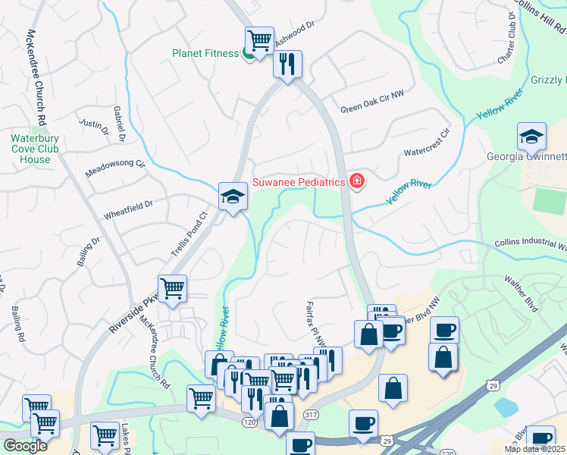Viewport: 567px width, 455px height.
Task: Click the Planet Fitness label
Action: click(205, 53)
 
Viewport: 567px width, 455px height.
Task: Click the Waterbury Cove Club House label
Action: click(30, 149)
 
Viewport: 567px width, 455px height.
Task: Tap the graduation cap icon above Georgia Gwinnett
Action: click(531, 136)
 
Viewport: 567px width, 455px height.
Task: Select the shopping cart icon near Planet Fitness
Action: click(259, 39)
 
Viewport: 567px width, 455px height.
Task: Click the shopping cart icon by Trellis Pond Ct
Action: click(173, 288)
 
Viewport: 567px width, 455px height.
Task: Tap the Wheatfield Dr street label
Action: click(128, 209)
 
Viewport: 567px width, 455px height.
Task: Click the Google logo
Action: click(26, 446)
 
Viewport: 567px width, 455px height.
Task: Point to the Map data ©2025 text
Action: click(534, 449)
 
